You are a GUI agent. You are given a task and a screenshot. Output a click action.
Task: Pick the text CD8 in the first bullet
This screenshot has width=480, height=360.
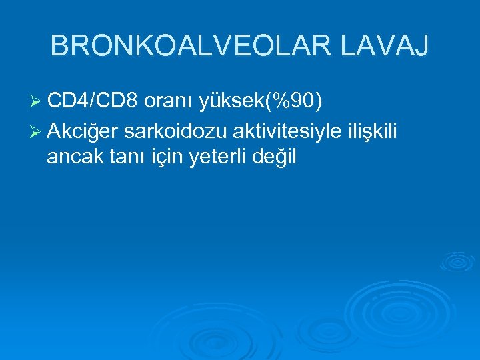[117, 101]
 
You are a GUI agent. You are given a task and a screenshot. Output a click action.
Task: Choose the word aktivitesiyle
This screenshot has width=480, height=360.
[281, 133]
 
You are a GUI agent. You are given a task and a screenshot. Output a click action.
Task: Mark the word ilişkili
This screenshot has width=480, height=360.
[371, 133]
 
